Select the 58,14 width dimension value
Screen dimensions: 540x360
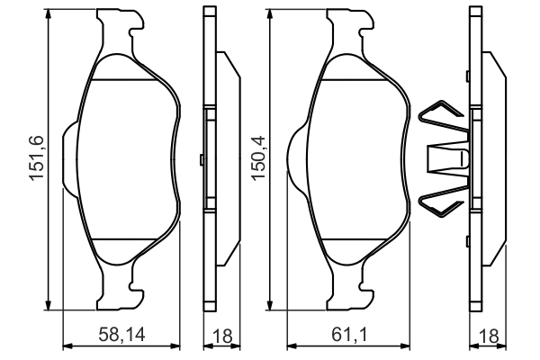point(121,335)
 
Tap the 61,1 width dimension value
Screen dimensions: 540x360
point(349,335)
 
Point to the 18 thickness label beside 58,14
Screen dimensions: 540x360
point(222,336)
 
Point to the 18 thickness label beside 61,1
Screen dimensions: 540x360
point(489,336)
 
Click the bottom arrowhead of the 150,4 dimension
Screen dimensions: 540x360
point(270,304)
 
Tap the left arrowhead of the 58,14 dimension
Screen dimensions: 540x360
point(68,346)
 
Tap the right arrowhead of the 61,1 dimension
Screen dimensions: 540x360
point(404,346)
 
